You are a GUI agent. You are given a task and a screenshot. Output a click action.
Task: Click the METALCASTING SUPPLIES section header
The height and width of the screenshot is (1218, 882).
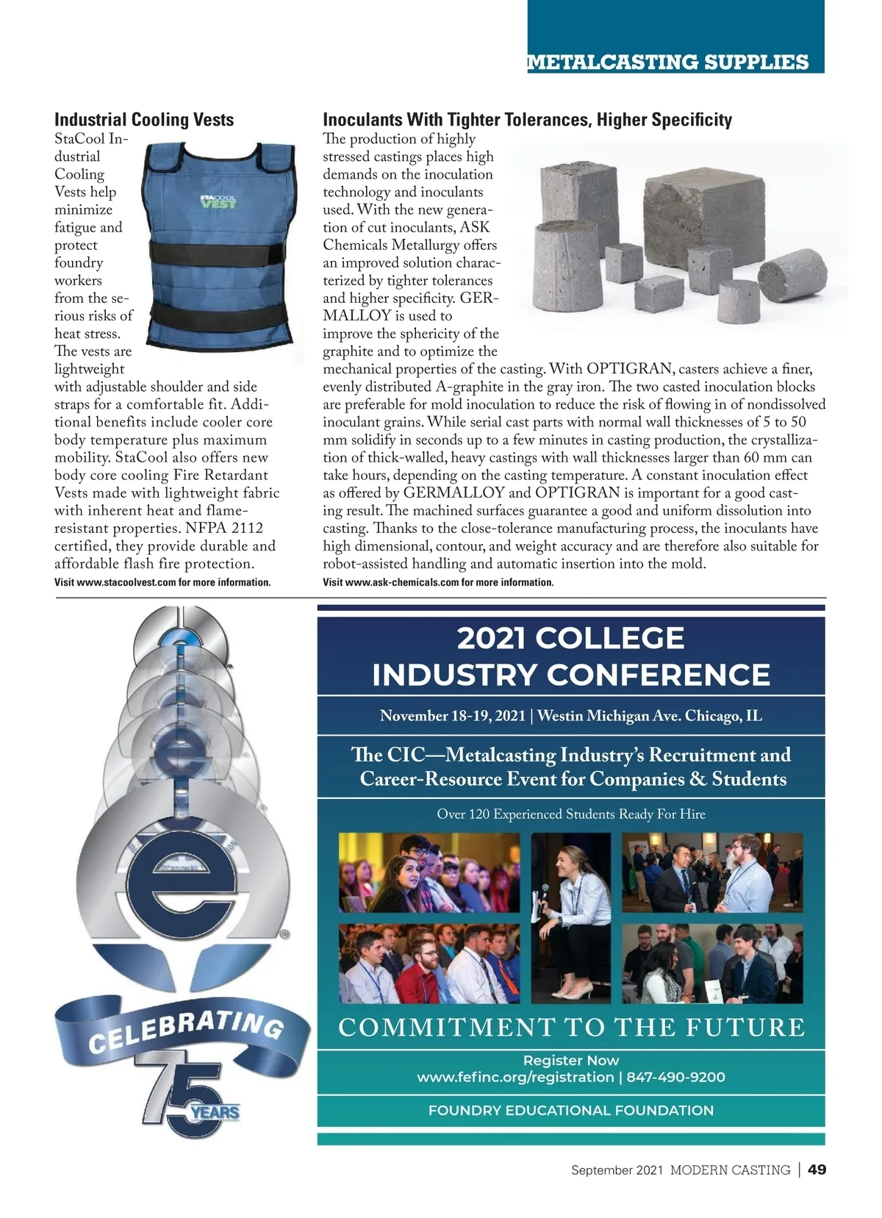click(x=667, y=62)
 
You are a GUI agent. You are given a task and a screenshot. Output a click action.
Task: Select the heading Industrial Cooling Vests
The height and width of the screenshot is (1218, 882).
click(x=144, y=120)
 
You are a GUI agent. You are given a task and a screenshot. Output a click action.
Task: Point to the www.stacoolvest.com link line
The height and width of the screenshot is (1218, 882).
click(x=162, y=582)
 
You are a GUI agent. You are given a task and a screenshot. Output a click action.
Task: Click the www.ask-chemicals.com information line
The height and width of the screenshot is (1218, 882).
click(x=438, y=582)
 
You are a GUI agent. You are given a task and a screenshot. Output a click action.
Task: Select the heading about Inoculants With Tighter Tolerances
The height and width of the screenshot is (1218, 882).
click(x=527, y=120)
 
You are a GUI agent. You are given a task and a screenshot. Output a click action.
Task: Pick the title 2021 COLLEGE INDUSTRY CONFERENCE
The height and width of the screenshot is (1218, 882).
click(x=570, y=656)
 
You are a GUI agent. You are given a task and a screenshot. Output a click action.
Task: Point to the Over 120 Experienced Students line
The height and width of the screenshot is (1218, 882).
click(x=570, y=814)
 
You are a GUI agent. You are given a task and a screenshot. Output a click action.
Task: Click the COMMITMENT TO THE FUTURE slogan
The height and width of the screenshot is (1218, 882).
click(x=571, y=1027)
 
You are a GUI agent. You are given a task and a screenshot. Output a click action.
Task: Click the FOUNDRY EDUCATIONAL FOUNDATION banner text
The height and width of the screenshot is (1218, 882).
click(x=570, y=1110)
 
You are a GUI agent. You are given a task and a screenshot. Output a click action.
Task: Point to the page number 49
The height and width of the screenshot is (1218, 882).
click(x=817, y=1169)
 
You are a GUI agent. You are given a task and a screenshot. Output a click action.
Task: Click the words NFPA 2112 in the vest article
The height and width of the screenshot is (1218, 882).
click(x=224, y=529)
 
